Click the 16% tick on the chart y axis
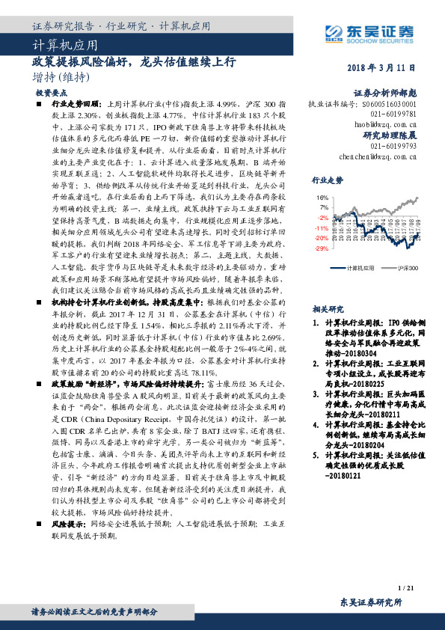tap(323, 198)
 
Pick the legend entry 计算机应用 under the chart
tap(352, 266)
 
